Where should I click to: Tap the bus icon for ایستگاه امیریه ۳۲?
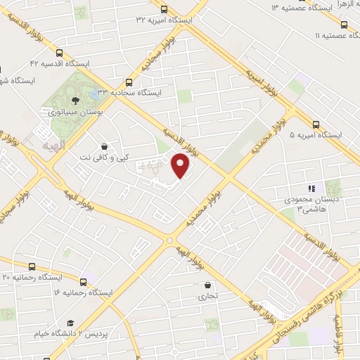point(164,9)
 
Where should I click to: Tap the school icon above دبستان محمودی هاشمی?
point(310,188)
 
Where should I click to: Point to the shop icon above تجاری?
point(208,285)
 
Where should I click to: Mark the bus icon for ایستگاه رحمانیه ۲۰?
point(32,266)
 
